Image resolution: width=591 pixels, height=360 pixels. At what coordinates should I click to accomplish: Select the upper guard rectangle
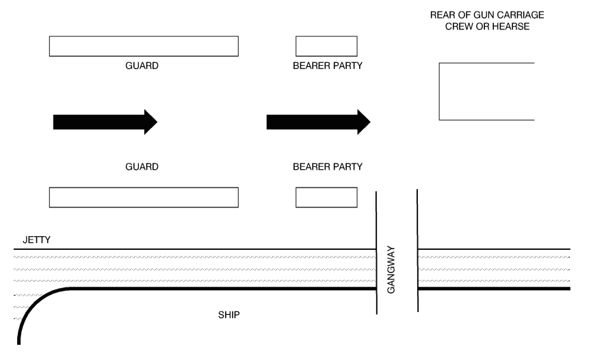[144, 46]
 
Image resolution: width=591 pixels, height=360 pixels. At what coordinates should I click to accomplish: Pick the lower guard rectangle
[144, 196]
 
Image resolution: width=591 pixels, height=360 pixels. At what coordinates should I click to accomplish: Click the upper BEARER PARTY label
[327, 66]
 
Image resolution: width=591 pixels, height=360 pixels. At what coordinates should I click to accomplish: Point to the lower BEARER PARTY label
[327, 166]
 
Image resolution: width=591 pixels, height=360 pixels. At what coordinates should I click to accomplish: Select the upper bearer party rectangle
[326, 46]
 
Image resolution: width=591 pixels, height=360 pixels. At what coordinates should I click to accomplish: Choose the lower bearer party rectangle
[326, 196]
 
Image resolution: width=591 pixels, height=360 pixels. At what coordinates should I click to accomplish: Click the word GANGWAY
[392, 270]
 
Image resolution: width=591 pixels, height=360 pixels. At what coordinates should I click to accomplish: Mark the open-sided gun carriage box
[486, 91]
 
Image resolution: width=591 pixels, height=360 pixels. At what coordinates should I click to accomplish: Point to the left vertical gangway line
[377, 253]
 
